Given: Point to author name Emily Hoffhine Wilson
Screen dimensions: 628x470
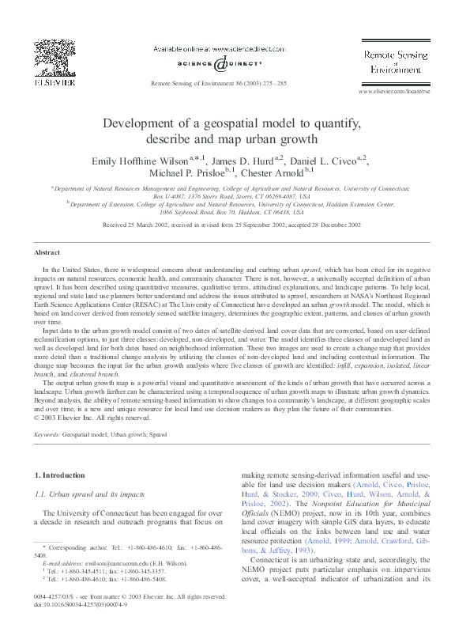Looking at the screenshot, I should (139, 161).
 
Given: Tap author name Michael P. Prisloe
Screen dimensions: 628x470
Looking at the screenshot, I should (186, 172).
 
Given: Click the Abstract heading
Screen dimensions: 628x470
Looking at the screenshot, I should (47, 252).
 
